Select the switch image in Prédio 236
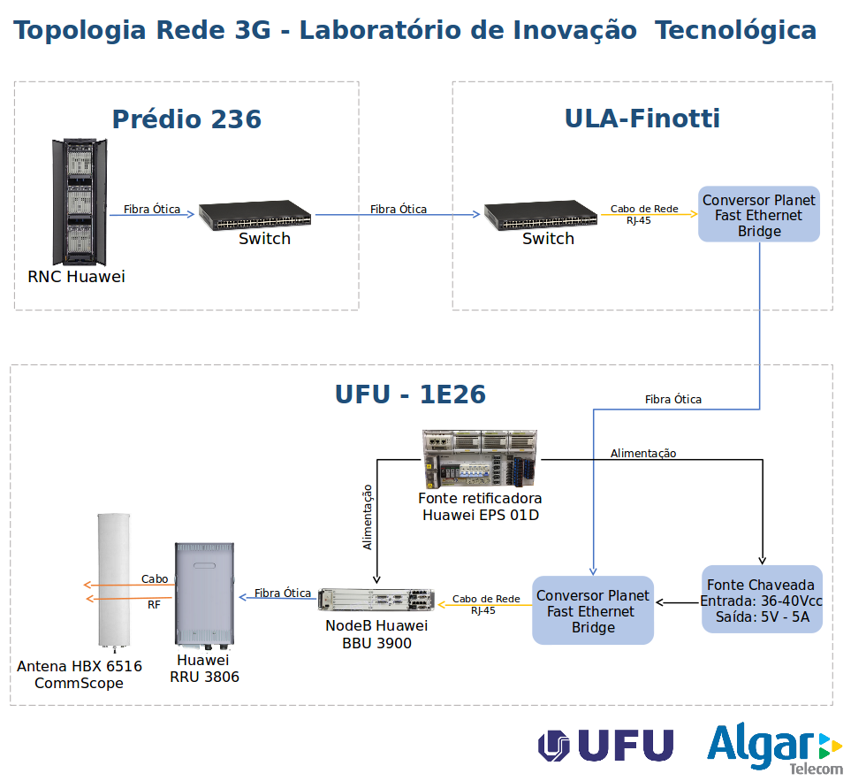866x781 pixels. coord(254,215)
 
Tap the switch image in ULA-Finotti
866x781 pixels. coord(541,215)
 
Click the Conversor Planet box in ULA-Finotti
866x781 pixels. coord(759,214)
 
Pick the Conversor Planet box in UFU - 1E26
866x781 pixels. coord(593,610)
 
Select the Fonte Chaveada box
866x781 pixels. coord(762,600)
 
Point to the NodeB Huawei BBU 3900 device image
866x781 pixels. coord(376,600)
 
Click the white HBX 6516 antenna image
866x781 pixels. coord(113,578)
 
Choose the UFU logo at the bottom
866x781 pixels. coord(606,746)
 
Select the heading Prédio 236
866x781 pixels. coord(186,119)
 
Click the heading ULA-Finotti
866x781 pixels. coord(642,119)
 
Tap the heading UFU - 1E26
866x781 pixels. coord(410,394)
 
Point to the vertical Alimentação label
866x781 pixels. coord(368,517)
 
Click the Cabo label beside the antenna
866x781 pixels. coord(155,579)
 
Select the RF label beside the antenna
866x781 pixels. coord(154,605)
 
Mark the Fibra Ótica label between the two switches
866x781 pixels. coord(398,210)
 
